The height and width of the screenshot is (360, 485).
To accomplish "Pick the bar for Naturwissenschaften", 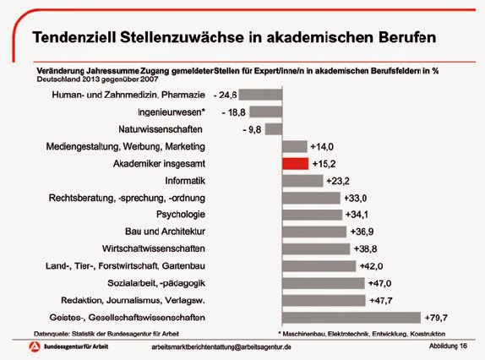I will (x=273, y=128).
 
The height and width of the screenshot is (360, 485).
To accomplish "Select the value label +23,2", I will (x=339, y=181).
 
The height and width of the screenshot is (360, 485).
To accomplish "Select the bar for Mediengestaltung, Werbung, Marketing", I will (x=294, y=146).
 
